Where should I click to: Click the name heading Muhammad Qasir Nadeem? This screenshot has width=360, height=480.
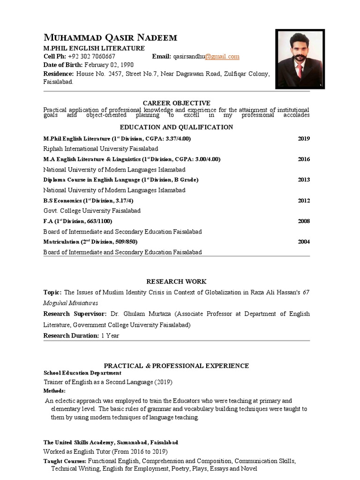(110, 38)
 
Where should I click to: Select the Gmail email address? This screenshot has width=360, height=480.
(206, 57)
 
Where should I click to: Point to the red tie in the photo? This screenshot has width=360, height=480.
(299, 71)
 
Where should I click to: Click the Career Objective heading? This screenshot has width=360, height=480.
(176, 103)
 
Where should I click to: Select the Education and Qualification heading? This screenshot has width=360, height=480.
(176, 127)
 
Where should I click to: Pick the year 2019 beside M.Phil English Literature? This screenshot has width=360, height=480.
(304, 139)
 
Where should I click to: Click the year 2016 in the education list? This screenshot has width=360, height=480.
(304, 159)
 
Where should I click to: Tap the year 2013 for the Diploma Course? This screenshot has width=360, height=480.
(304, 180)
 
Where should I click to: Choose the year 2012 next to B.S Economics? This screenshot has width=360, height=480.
(304, 201)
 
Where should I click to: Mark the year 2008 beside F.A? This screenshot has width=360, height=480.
(304, 221)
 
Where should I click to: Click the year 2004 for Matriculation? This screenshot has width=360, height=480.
(304, 242)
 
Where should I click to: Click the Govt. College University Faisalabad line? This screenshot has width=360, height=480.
(92, 211)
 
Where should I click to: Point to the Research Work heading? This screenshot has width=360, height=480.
(176, 282)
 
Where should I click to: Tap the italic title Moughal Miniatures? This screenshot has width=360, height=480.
(71, 303)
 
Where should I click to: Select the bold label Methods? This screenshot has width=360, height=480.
(54, 390)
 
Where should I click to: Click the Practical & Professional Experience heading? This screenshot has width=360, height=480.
(176, 366)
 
